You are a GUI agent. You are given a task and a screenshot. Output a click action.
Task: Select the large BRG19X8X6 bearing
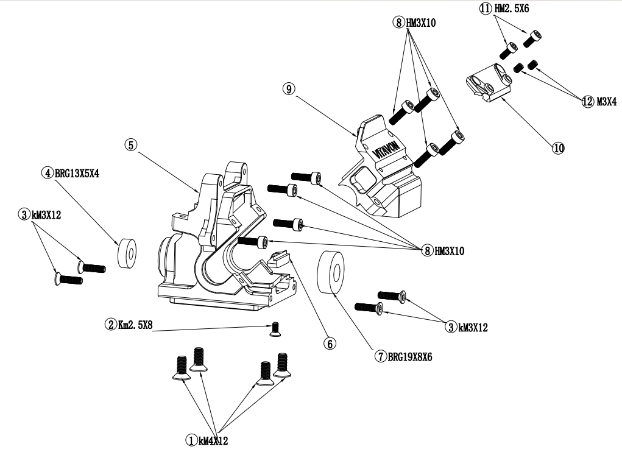point(331,272)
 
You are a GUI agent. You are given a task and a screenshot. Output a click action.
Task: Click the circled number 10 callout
point(558,147)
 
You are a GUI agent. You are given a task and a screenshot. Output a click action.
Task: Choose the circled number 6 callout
point(330,344)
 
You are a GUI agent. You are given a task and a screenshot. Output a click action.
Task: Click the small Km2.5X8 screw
point(275,330)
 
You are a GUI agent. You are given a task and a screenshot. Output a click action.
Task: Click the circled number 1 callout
point(191,440)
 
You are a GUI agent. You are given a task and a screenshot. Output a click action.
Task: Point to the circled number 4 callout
point(47,173)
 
